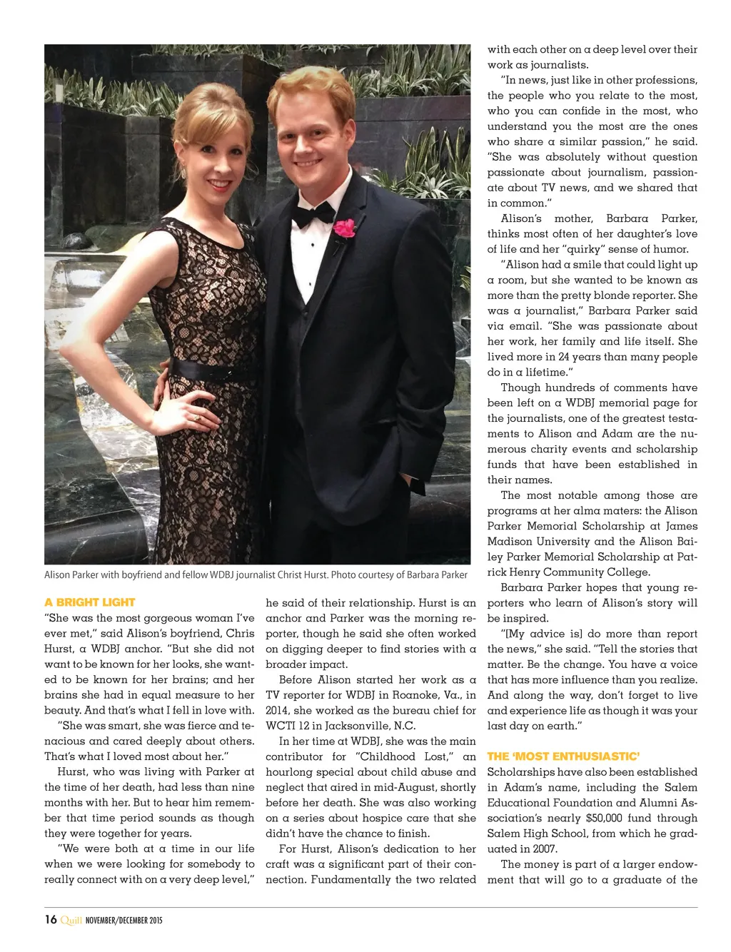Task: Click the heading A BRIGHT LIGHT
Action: click(x=89, y=602)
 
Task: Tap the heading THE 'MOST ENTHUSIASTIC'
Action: click(x=563, y=756)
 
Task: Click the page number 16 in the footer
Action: click(x=51, y=919)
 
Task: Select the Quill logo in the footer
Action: click(x=71, y=920)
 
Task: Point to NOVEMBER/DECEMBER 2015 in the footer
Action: click(x=123, y=920)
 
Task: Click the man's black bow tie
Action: click(x=313, y=213)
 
